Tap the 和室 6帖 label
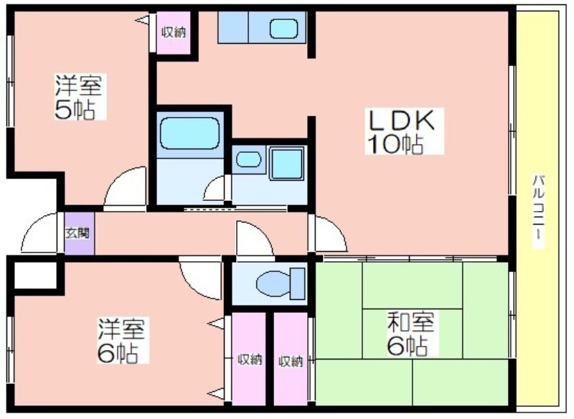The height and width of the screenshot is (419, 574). pos(410,334)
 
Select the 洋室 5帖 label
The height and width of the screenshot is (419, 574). pos(78,97)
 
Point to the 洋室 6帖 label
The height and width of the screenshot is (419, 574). pos(121,341)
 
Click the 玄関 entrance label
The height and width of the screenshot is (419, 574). pos(77,233)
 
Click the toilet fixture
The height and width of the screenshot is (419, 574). pos(281,283)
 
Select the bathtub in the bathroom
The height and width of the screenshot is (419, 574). pos(190,133)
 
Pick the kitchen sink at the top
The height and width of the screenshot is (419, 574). pos(283,29)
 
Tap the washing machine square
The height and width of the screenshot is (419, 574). pos(287,163)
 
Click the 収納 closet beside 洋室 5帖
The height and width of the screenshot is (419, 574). pos(174,32)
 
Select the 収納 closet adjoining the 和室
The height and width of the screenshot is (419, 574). pos(291,359)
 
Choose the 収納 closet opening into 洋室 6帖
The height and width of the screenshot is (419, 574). pos(249,359)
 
